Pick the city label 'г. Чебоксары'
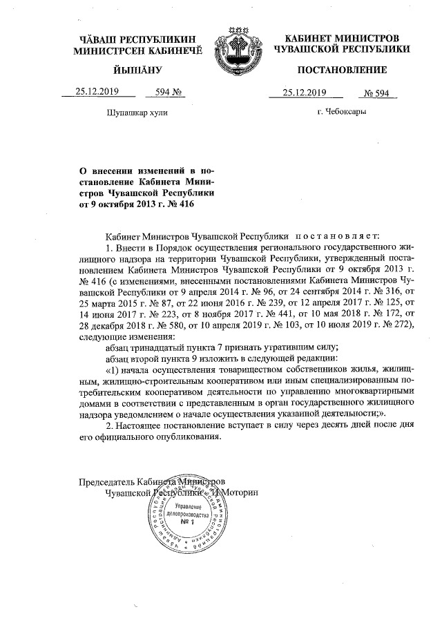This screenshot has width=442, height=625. click(x=342, y=112)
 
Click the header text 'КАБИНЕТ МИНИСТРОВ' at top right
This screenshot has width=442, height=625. click(x=342, y=35)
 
